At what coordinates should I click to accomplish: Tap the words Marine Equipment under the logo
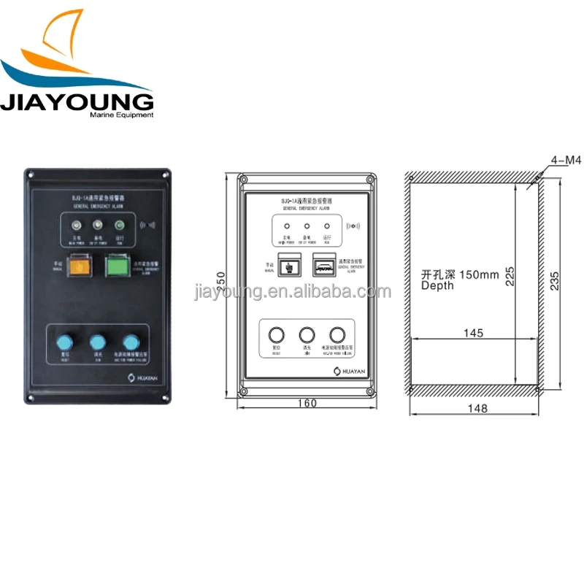(121, 115)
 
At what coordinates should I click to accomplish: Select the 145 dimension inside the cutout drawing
(473, 333)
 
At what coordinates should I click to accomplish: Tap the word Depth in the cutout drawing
(437, 285)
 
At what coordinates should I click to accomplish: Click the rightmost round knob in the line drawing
(337, 334)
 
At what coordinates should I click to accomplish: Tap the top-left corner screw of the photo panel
(30, 175)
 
